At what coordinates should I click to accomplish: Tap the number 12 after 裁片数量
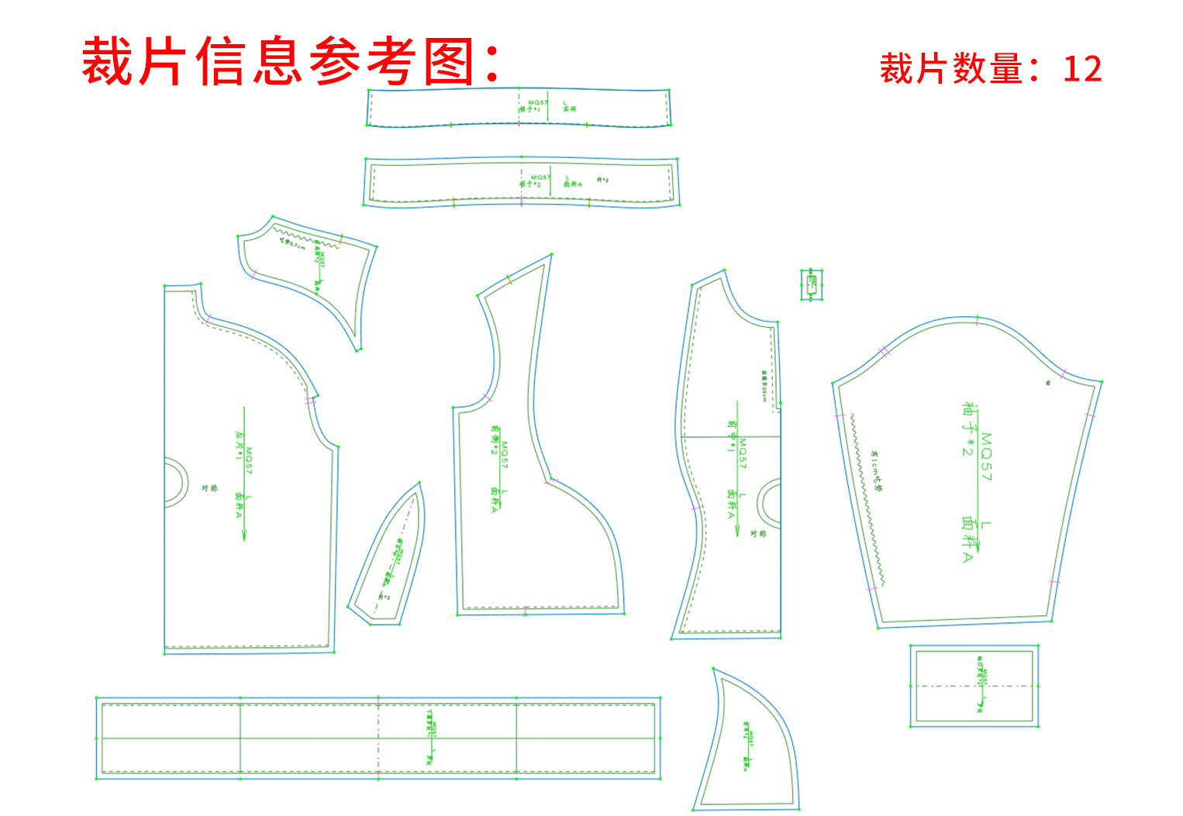click(x=1082, y=70)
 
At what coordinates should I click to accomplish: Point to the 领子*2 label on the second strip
click(x=530, y=184)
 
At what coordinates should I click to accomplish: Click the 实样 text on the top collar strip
click(x=570, y=109)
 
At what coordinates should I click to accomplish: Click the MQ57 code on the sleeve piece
click(x=985, y=456)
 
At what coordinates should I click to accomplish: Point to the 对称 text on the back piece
click(x=209, y=488)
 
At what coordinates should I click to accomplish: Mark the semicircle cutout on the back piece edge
click(x=177, y=483)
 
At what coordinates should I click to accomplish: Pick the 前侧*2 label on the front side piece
click(x=494, y=439)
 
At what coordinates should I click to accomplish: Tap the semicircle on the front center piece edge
click(x=769, y=502)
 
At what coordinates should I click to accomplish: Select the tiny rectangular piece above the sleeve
click(x=811, y=284)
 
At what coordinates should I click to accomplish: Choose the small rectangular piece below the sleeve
click(x=974, y=686)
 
